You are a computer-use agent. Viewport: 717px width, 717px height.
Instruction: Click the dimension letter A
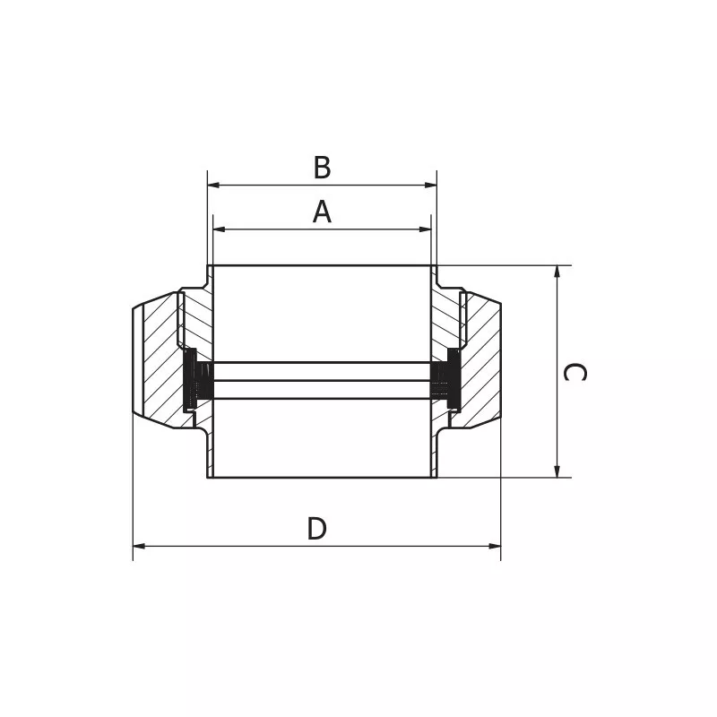pyautogui.click(x=322, y=212)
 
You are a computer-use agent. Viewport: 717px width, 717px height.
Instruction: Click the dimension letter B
pyautogui.click(x=322, y=168)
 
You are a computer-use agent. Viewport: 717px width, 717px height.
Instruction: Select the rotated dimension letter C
pyautogui.click(x=574, y=372)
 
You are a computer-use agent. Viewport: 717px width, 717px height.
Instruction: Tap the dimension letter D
pyautogui.click(x=316, y=529)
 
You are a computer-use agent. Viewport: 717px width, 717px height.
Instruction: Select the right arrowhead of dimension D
pyautogui.click(x=495, y=546)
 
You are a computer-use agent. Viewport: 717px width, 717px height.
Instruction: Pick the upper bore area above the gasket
pyautogui.click(x=322, y=314)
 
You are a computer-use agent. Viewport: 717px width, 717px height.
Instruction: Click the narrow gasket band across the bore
pyautogui.click(x=322, y=380)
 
